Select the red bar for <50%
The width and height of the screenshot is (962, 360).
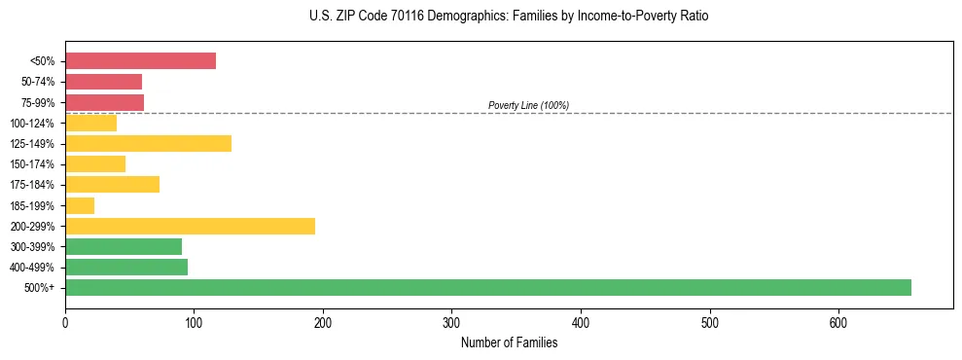tap(140, 61)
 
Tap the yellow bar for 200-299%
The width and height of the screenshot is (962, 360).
tap(190, 226)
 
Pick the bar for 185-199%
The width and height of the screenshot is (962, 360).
tap(80, 205)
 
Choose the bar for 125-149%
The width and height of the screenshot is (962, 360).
tap(148, 144)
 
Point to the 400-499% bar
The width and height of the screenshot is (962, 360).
tap(126, 267)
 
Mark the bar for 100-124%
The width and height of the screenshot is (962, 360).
tap(90, 124)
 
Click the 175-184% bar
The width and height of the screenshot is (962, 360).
tap(112, 185)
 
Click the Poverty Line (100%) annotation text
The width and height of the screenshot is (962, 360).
tap(528, 105)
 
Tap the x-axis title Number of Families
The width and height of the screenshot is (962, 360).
tap(509, 342)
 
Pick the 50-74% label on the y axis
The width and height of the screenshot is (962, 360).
tap(38, 83)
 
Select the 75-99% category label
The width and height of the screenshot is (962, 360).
tap(38, 103)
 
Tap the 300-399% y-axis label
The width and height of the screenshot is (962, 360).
tap(34, 247)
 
